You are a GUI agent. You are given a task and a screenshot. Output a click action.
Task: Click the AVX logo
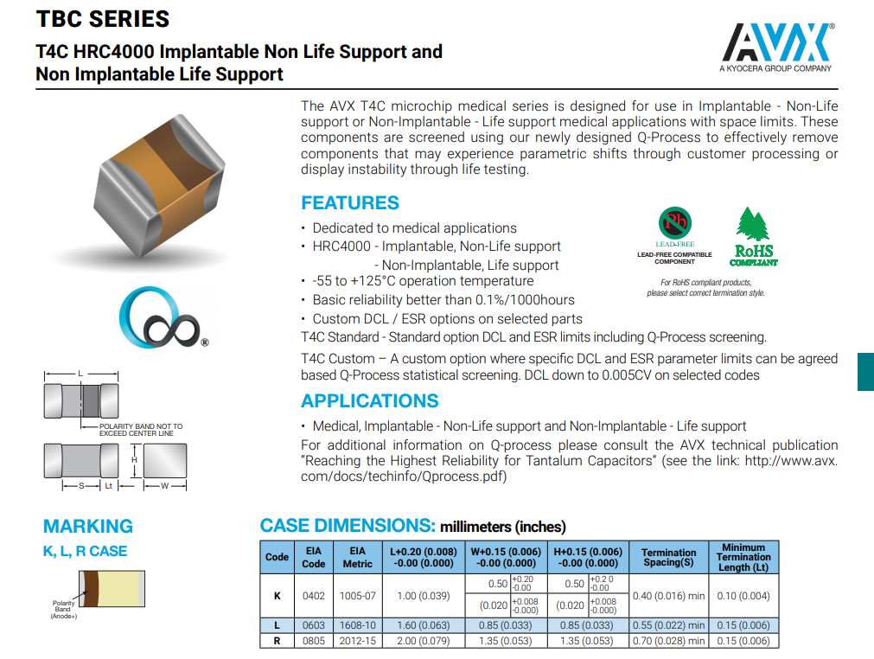(776, 43)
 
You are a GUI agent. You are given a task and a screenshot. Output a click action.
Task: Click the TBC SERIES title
(103, 19)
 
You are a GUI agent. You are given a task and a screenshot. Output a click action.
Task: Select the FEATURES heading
(350, 203)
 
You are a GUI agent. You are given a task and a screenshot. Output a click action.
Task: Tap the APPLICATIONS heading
(370, 401)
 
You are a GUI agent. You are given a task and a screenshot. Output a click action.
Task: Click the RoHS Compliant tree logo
(753, 236)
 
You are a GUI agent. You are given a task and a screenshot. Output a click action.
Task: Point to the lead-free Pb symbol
(675, 224)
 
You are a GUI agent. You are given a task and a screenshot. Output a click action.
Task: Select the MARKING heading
(88, 527)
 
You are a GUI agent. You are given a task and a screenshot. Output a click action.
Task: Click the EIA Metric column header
(357, 557)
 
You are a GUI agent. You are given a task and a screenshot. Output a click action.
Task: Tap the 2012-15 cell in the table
(357, 641)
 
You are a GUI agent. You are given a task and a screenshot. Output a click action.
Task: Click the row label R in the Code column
(277, 641)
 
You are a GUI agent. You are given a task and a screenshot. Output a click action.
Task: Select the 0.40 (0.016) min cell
(669, 595)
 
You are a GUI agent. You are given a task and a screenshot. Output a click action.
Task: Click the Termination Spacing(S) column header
(669, 557)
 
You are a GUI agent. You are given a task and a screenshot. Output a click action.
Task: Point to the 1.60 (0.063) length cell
(424, 625)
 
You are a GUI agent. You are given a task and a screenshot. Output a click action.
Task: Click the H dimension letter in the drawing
(134, 460)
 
